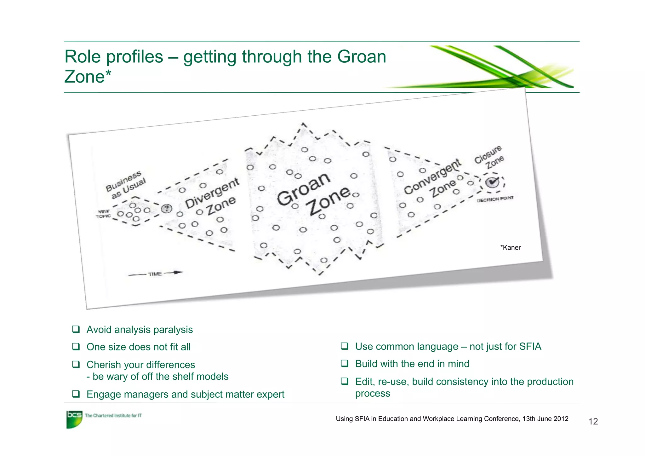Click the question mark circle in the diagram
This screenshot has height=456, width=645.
167,209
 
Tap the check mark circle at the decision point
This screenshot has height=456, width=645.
492,182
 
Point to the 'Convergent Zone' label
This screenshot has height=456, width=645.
432,181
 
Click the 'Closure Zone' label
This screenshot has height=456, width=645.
489,157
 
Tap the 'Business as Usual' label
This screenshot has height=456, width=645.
126,185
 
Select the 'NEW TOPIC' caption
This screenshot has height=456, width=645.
103,214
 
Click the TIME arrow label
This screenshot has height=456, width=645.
155,274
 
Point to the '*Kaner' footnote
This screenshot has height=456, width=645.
510,248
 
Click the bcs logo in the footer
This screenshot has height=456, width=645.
74,419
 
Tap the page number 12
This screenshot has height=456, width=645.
593,421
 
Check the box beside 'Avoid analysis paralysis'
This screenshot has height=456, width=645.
76,329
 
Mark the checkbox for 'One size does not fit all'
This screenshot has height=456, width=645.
76,347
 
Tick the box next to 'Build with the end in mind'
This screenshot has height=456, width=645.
345,364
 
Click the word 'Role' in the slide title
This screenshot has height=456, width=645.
82,57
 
